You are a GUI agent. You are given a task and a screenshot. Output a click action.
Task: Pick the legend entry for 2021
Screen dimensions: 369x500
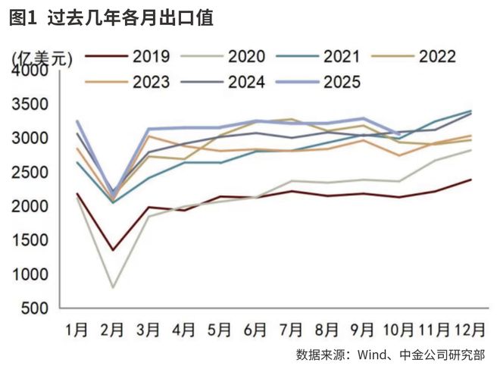click(342, 57)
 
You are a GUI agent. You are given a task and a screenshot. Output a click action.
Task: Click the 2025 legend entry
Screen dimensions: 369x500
click(342, 83)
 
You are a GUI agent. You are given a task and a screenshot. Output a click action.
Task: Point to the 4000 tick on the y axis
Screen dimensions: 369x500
click(30, 70)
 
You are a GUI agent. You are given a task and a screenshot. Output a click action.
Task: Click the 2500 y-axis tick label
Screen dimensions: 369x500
click(30, 173)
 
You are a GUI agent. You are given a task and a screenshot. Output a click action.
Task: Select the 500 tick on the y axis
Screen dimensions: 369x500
click(35, 309)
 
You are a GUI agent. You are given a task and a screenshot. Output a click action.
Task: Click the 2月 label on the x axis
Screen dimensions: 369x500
click(113, 330)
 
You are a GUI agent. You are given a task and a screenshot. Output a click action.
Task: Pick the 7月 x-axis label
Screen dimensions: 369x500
click(291, 330)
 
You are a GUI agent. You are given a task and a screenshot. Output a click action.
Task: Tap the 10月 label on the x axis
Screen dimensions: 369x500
click(398, 330)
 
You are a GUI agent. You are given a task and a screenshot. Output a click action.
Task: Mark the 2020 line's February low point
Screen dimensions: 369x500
click(113, 287)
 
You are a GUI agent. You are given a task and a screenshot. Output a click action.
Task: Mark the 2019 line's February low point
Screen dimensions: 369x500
click(113, 250)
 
